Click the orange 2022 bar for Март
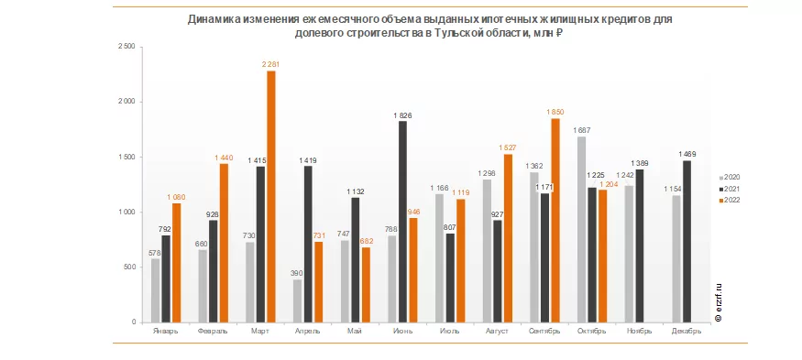(271, 196)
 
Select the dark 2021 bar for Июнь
(403, 222)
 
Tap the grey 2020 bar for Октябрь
(582, 230)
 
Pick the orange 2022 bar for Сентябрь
(555, 221)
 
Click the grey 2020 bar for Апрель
(298, 301)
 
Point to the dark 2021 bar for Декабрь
(687, 241)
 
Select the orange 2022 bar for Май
(367, 285)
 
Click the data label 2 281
(271, 64)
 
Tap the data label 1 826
(402, 115)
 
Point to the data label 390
(298, 274)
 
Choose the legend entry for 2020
(730, 178)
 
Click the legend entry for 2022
(730, 200)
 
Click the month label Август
(495, 331)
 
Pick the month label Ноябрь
(640, 331)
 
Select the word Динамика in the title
(212, 20)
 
